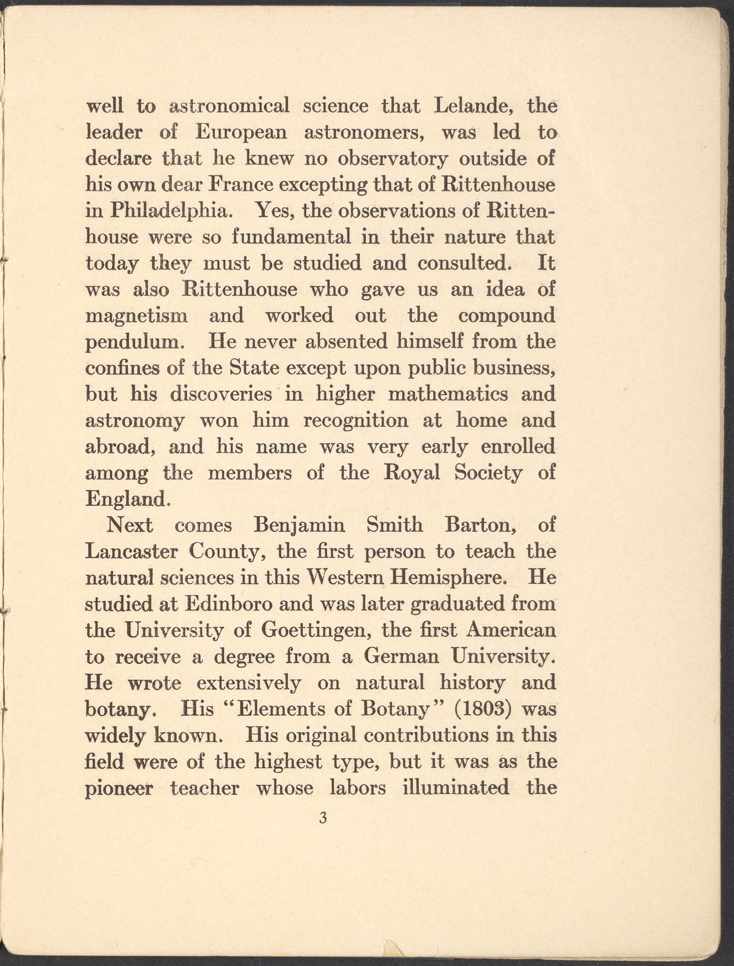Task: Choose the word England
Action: pos(125,500)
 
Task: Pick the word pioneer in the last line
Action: pos(119,788)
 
